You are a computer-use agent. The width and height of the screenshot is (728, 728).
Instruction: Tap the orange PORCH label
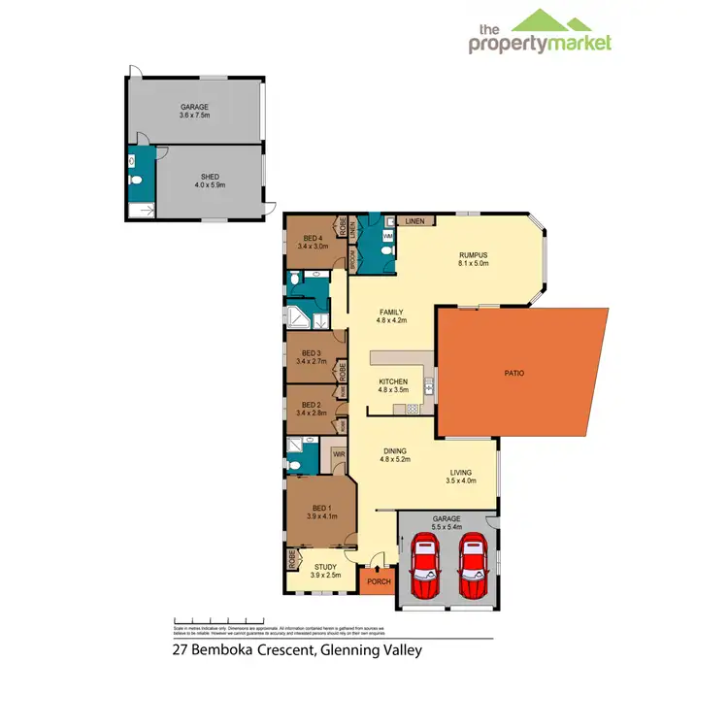click(x=378, y=582)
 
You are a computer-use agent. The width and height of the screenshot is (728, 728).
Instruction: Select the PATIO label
click(x=514, y=372)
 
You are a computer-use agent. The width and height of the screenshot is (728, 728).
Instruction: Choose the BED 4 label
click(x=312, y=239)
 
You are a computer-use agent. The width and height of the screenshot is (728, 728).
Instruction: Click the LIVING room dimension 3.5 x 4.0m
click(x=462, y=480)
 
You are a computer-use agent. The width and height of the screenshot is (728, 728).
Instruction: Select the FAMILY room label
click(x=391, y=312)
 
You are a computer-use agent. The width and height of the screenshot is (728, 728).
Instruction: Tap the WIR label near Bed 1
click(x=339, y=453)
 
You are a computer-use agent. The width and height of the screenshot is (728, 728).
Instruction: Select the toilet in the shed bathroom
click(x=137, y=182)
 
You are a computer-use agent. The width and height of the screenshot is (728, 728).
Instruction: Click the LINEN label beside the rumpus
click(x=415, y=221)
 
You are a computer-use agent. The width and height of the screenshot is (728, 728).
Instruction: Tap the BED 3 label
click(x=311, y=352)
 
